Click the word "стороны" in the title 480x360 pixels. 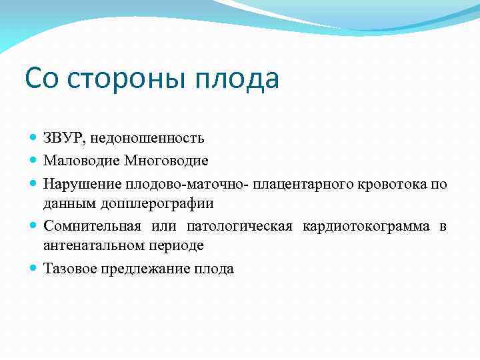tap(126, 79)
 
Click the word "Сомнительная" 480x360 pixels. tap(87, 226)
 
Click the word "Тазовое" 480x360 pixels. tap(69, 269)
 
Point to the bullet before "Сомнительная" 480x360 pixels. tap(34, 226)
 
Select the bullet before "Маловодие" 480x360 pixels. tap(34, 161)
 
